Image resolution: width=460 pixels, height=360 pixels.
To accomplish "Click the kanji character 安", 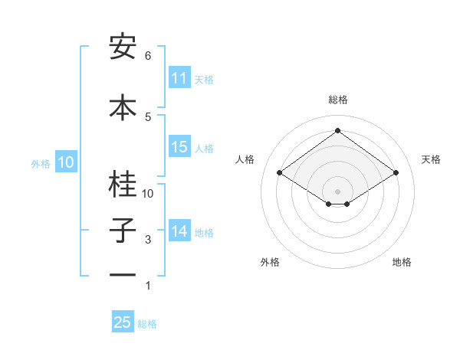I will [123, 48].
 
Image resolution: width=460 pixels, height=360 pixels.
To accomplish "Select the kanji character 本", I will [123, 106].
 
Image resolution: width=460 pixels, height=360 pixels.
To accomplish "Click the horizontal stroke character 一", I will [123, 274].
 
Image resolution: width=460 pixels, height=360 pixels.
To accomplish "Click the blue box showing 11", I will [179, 78].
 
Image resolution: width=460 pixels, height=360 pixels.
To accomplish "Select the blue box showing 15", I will [179, 148].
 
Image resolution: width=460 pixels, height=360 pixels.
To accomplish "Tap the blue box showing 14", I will [179, 231].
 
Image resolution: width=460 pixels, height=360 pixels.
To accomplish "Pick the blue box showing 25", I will [123, 322].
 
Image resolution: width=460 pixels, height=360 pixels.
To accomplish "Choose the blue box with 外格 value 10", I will [65, 162].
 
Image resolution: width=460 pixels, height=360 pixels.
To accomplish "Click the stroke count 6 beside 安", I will [147, 56].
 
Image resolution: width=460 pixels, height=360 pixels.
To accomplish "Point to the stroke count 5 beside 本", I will [147, 116].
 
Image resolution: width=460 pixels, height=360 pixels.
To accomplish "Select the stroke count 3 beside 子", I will [147, 241].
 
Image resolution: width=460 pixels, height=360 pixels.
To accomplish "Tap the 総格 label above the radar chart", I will [337, 100].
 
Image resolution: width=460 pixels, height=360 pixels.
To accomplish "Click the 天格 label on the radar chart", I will [431, 159].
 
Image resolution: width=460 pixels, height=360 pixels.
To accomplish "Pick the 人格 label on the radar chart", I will [245, 159].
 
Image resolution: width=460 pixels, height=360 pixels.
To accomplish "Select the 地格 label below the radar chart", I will [402, 262].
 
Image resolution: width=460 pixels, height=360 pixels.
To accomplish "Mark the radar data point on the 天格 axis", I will [396, 173].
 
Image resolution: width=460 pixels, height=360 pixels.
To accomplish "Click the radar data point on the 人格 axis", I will [280, 173].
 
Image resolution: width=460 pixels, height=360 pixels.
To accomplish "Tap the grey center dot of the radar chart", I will [337, 190].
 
